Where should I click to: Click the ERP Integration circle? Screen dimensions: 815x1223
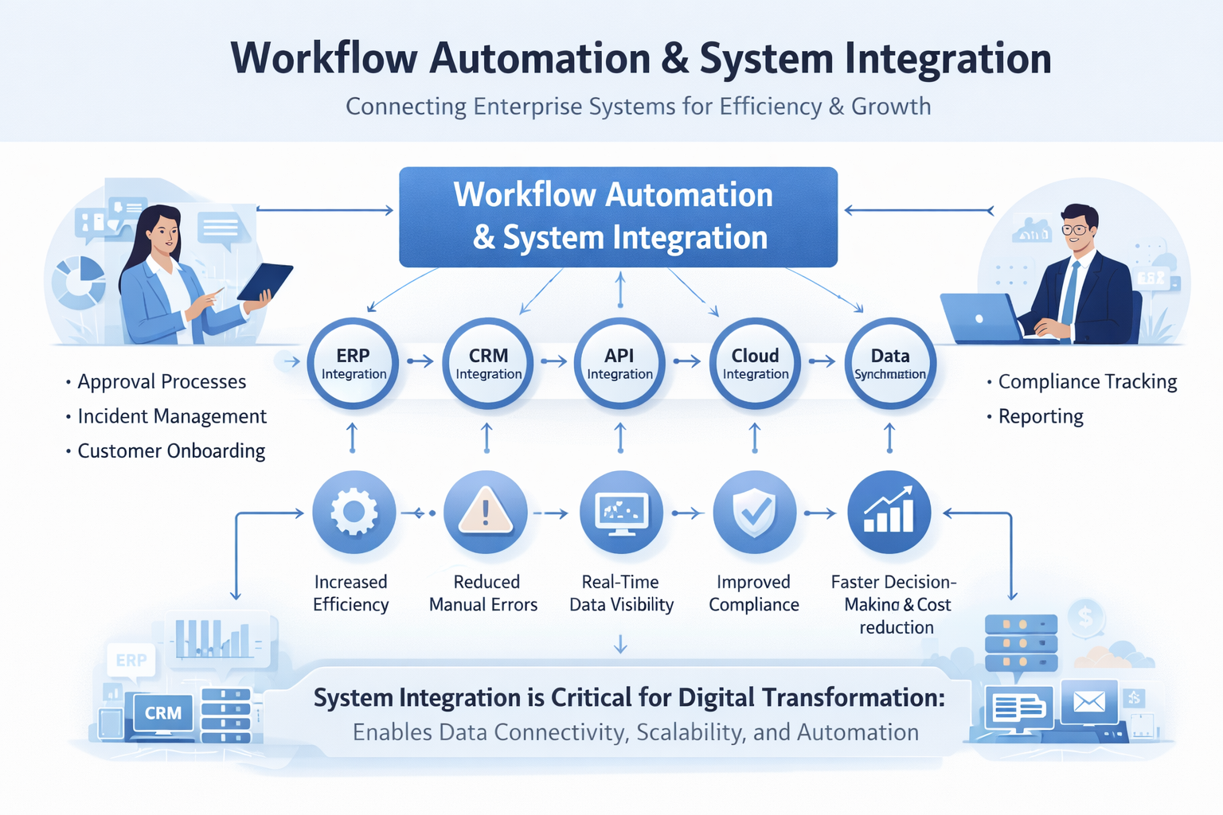[x=353, y=364]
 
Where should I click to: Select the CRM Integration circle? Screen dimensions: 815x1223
[x=488, y=364]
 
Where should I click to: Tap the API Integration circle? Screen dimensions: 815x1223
[x=619, y=364]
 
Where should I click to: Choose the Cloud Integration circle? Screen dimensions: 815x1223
[x=755, y=364]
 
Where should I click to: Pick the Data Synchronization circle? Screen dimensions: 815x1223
[x=889, y=364]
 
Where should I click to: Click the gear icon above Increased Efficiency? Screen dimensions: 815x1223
[x=354, y=512]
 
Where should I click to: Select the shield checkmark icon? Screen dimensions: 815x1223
[x=754, y=512]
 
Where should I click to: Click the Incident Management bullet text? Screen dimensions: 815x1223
[x=171, y=416]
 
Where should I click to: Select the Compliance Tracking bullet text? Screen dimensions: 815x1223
[x=1087, y=382]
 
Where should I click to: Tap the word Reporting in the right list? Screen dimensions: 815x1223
[x=1040, y=416]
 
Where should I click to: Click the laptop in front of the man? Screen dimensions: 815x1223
[x=979, y=318]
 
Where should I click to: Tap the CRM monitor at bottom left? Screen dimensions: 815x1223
[x=163, y=713]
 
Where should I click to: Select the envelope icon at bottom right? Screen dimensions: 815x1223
[x=1088, y=701]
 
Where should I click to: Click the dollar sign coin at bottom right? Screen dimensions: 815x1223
[x=1084, y=615]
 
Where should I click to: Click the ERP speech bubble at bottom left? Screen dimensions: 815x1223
[x=131, y=661]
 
